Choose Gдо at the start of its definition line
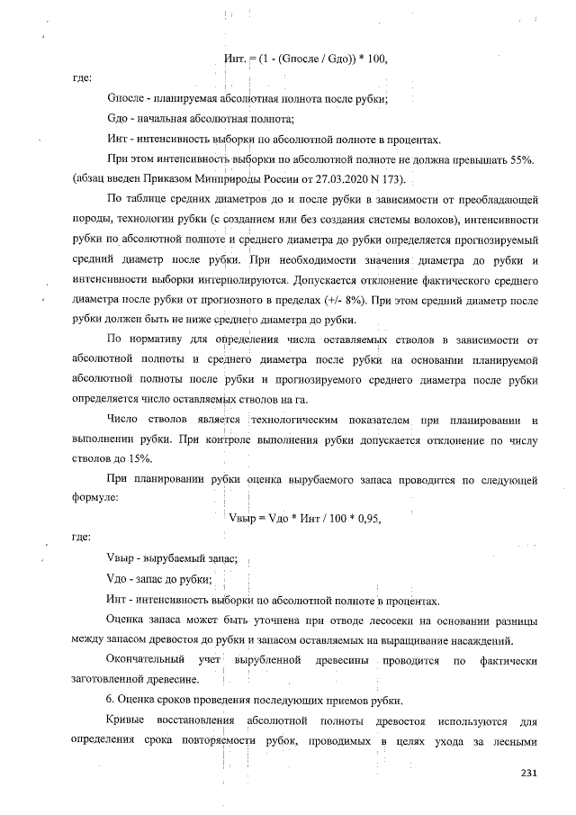(x=120, y=119)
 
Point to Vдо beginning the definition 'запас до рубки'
(x=120, y=578)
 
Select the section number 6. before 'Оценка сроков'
(x=111, y=702)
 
